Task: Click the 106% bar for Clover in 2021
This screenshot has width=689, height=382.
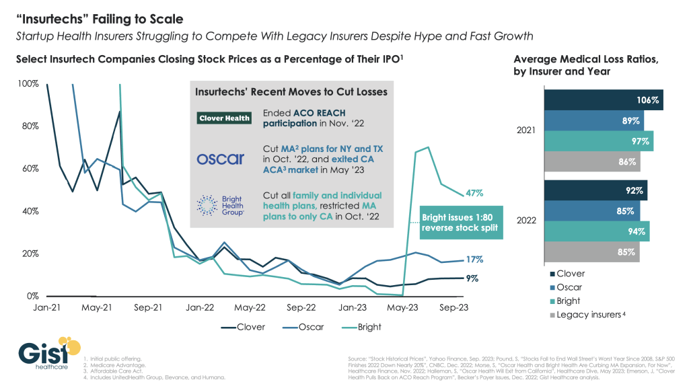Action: click(604, 100)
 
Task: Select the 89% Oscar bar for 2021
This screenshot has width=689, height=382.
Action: click(594, 121)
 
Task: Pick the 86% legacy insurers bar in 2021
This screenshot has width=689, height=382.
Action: click(593, 161)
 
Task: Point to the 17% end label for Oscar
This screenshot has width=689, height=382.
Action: click(474, 260)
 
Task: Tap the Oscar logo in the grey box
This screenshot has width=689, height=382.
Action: click(221, 159)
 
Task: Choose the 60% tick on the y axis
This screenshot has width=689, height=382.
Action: click(30, 168)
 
